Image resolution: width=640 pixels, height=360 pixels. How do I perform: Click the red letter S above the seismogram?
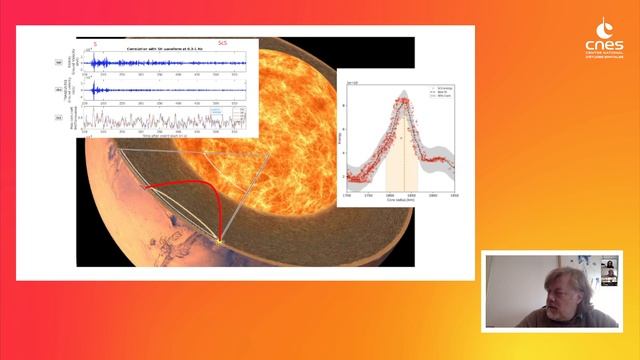[x=95, y=43]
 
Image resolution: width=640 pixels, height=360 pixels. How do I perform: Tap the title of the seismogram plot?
[x=166, y=49]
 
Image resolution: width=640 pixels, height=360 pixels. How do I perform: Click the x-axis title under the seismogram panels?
[x=166, y=134]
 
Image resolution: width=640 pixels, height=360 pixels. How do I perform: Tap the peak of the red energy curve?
[x=402, y=100]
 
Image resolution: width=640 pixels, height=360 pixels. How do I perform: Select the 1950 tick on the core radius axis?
[x=456, y=194]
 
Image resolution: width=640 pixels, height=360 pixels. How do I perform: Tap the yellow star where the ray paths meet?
[x=219, y=239]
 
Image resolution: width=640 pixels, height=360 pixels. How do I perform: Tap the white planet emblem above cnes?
[x=606, y=28]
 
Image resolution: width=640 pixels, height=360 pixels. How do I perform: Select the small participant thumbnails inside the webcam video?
[x=607, y=276]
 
